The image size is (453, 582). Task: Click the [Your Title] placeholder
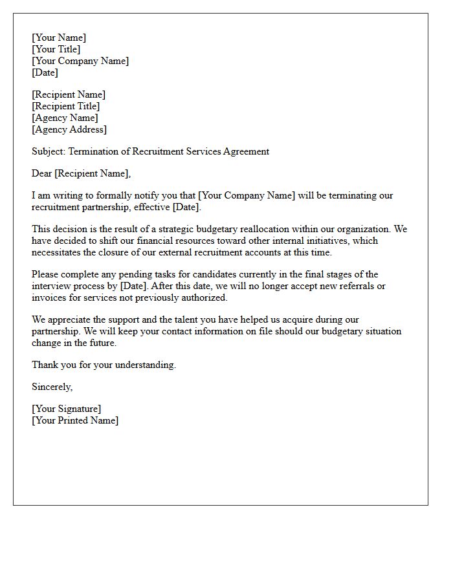coord(56,49)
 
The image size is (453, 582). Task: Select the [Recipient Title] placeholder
coord(66,106)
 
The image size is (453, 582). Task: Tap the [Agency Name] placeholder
coord(65,118)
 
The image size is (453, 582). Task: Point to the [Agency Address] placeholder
coord(69,129)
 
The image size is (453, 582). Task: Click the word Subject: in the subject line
coord(49,151)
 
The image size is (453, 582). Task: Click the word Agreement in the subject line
coord(246,151)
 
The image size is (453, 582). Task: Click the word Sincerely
coord(52,387)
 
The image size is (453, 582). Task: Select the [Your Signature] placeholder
coord(67,409)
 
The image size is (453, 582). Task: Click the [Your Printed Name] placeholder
coord(75,420)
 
